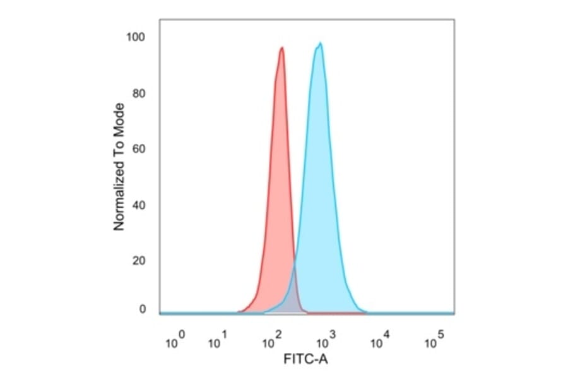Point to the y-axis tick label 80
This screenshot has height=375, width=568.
[x=139, y=94]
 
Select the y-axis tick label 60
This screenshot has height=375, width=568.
[x=139, y=150]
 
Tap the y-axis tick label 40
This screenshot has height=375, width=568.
[x=139, y=205]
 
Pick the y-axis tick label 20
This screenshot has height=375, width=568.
[x=139, y=261]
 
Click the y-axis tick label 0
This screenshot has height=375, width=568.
[x=143, y=309]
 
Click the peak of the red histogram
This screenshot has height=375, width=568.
[x=281, y=48]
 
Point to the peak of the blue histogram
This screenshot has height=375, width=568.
[x=321, y=44]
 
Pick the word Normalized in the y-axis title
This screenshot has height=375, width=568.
[x=119, y=199]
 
